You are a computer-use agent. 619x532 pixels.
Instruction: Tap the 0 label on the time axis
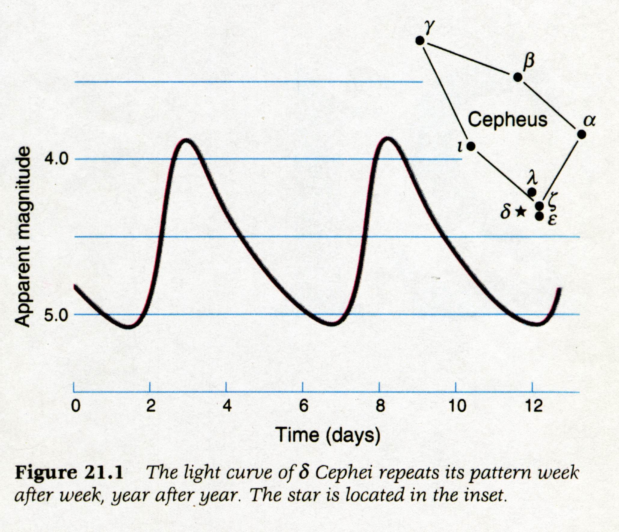(x=75, y=406)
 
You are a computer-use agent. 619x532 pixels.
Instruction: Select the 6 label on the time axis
(x=303, y=406)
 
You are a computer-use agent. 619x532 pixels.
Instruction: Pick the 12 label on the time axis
(x=534, y=406)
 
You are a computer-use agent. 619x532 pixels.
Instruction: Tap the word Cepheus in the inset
(x=508, y=119)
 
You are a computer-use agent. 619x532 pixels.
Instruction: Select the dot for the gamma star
(x=420, y=41)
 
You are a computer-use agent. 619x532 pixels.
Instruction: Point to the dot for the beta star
(x=517, y=77)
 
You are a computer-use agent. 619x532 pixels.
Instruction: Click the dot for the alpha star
(x=581, y=134)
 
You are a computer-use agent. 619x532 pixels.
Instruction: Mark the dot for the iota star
(x=471, y=146)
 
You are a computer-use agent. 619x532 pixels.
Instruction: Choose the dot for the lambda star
(x=532, y=191)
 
